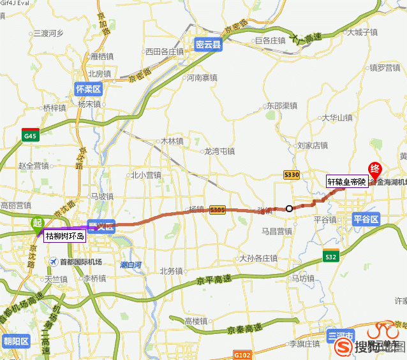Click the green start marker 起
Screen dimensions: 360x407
pyautogui.click(x=38, y=222)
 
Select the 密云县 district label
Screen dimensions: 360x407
pyautogui.click(x=208, y=44)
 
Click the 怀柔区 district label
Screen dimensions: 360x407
pyautogui.click(x=88, y=89)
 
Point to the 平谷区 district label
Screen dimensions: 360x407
pyautogui.click(x=366, y=219)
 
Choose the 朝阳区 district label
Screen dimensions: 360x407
pyautogui.click(x=16, y=341)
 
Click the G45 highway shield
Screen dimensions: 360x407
pyautogui.click(x=30, y=135)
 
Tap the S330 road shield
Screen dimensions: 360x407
pyautogui.click(x=292, y=175)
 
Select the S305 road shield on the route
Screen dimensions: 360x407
pyautogui.click(x=217, y=210)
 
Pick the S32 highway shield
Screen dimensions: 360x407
pyautogui.click(x=330, y=257)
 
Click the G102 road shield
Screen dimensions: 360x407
pyautogui.click(x=242, y=354)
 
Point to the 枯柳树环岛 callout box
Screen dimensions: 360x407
pyautogui.click(x=64, y=236)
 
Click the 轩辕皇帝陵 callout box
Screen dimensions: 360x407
pyautogui.click(x=346, y=182)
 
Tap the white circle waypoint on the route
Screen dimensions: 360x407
pyautogui.click(x=289, y=208)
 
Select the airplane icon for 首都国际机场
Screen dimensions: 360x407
pyautogui.click(x=54, y=261)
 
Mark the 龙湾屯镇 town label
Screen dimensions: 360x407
pyautogui.click(x=219, y=152)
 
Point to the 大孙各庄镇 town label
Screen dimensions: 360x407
pyautogui.click(x=258, y=259)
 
